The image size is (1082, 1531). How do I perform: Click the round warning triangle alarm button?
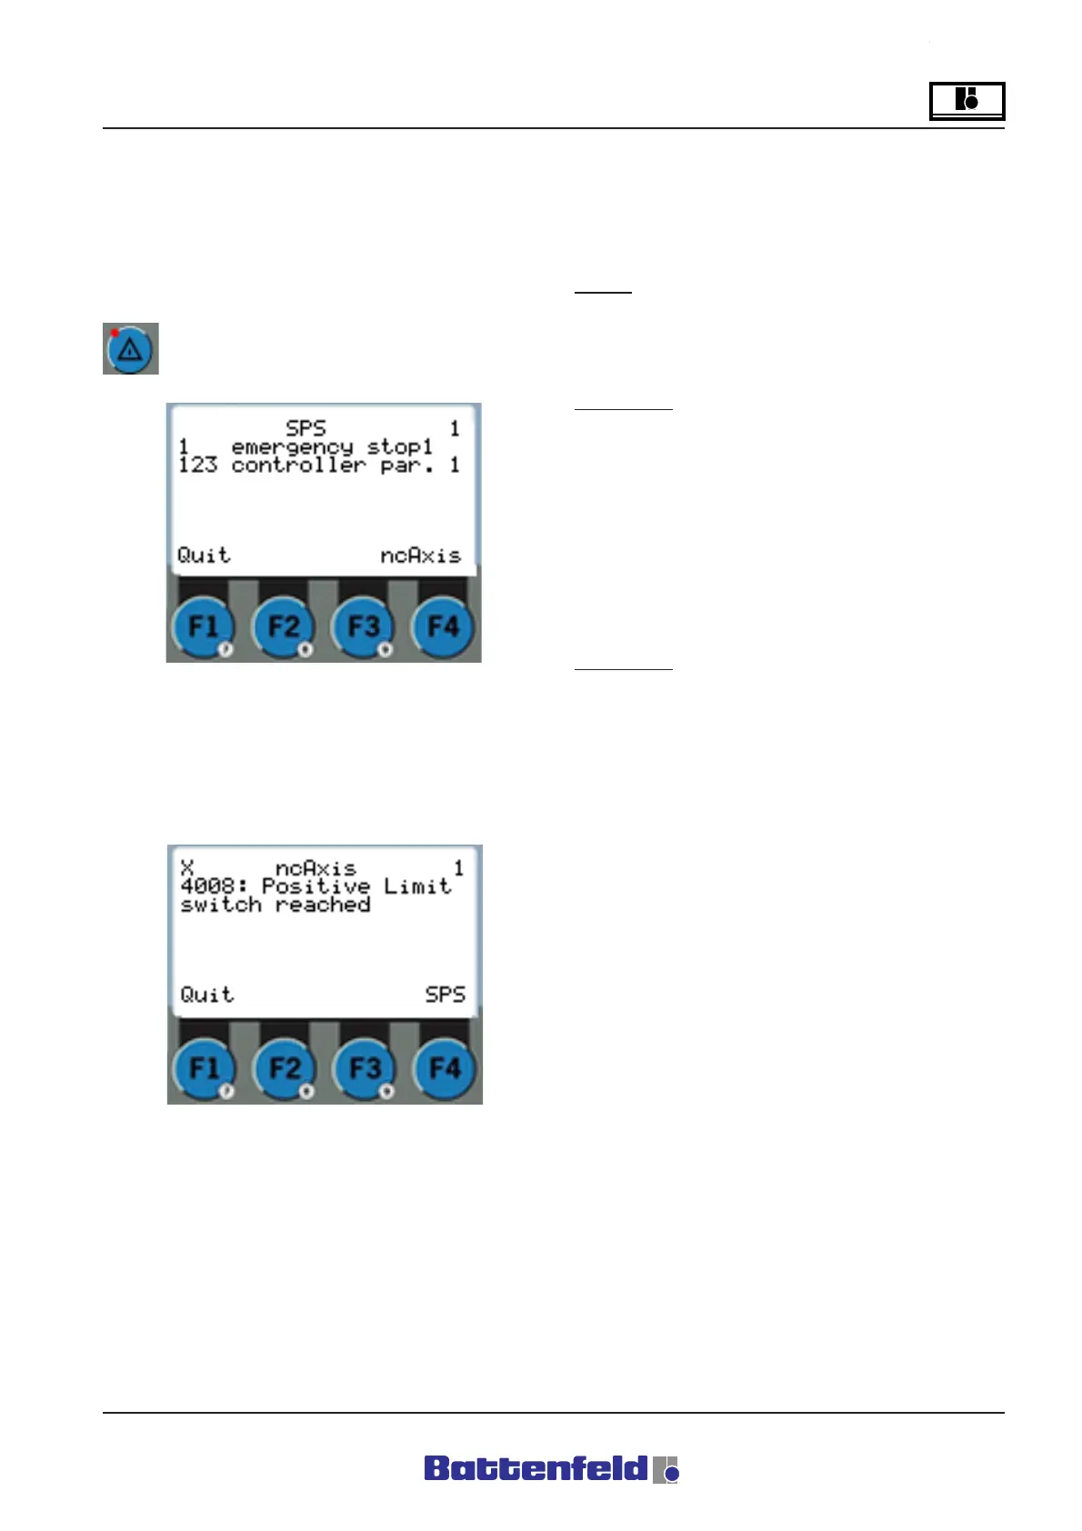pos(130,349)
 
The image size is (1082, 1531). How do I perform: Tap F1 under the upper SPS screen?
pos(203,627)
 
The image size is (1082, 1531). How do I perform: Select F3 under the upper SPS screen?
pos(364,627)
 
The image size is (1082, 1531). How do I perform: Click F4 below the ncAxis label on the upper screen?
pos(444,627)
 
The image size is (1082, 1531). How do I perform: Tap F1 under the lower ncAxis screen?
pos(205,1068)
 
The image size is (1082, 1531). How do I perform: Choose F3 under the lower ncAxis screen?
pos(366,1068)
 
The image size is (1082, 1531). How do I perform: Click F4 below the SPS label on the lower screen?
pos(445,1068)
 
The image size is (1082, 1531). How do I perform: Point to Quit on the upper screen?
pos(204,555)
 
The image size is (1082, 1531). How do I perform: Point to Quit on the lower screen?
pos(206,995)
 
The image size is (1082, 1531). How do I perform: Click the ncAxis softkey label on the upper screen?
pos(420,555)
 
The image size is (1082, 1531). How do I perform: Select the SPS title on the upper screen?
pos(306,428)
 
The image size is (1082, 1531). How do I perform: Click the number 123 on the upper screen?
pos(197,465)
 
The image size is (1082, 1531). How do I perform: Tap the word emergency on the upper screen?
pos(292,447)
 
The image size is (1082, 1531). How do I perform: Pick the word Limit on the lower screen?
pos(416,886)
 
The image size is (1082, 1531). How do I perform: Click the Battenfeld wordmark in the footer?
pos(536,1469)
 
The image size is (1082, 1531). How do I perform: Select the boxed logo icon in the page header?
pos(967,100)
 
